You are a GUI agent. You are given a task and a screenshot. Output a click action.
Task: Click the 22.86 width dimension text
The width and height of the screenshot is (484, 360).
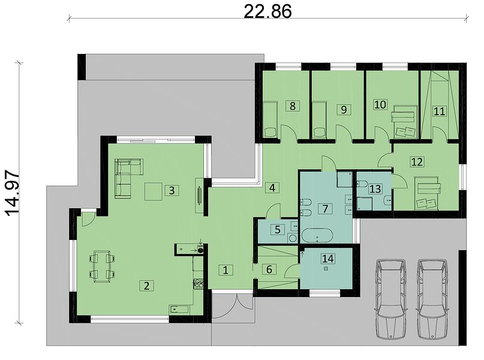click(x=267, y=12)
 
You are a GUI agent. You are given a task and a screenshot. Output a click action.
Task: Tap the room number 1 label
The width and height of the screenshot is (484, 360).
click(x=226, y=270)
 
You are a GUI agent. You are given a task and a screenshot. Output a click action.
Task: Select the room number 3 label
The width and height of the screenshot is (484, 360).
click(x=172, y=190)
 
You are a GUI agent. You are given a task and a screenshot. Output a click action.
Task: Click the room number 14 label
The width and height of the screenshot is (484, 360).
click(x=327, y=258)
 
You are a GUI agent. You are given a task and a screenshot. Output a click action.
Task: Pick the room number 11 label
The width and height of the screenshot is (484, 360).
click(x=439, y=111)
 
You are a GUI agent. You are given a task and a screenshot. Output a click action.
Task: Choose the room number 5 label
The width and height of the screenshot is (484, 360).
click(x=277, y=229)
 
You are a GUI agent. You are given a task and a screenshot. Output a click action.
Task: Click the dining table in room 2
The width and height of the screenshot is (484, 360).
click(x=102, y=266)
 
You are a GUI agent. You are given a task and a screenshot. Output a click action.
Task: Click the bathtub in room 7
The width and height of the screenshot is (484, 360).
click(x=317, y=236)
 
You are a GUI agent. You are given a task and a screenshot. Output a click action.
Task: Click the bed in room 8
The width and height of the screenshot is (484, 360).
click(x=270, y=119)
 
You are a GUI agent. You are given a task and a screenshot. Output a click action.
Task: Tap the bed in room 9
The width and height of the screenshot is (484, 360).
click(x=320, y=119)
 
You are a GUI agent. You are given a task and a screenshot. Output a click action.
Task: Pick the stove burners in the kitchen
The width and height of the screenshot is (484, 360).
click(x=198, y=284)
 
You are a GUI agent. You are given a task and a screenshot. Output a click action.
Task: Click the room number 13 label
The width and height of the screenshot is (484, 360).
click(x=375, y=188)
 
